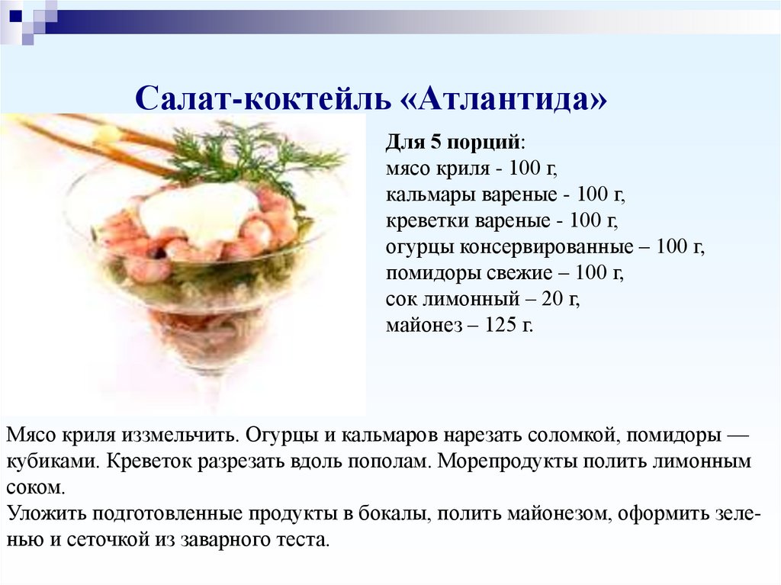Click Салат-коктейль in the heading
tap(262, 98)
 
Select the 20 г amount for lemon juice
tap(562, 299)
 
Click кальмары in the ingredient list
tap(430, 195)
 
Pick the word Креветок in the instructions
tap(150, 461)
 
